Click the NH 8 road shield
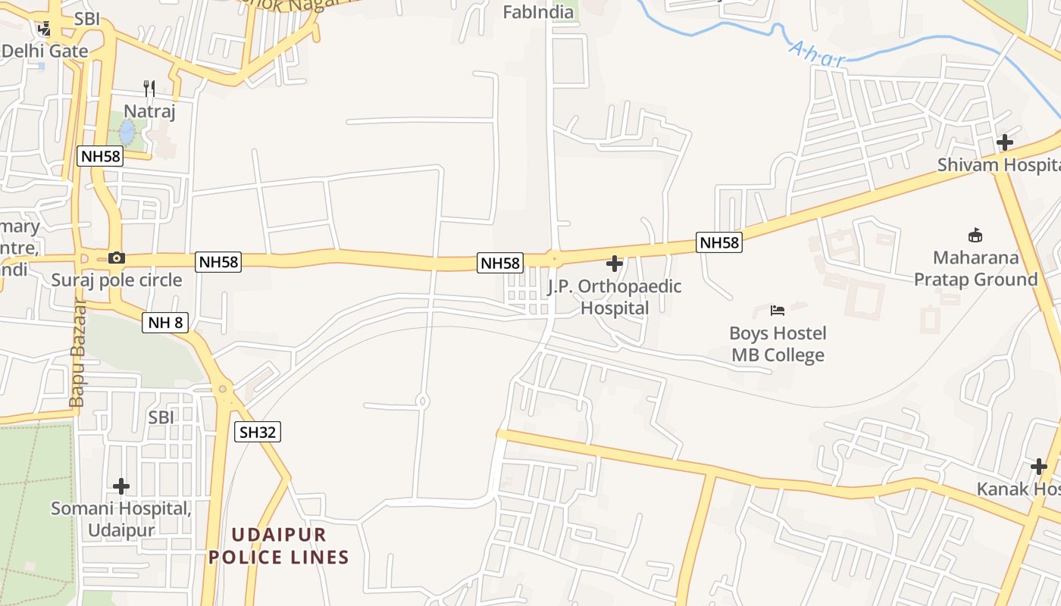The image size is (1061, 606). pyautogui.click(x=165, y=323)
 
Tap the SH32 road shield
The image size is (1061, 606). pyautogui.click(x=258, y=432)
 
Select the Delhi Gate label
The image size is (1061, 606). pyautogui.click(x=45, y=52)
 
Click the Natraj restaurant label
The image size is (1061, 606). pyautogui.click(x=149, y=112)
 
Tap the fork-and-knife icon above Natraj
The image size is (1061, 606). pyautogui.click(x=149, y=89)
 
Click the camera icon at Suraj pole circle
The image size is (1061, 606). pyautogui.click(x=116, y=258)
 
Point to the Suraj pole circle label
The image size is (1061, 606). pyautogui.click(x=117, y=280)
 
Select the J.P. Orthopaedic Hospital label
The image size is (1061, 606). pyautogui.click(x=615, y=297)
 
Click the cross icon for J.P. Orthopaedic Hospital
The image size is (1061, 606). pyautogui.click(x=615, y=264)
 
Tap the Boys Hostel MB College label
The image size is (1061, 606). pyautogui.click(x=778, y=344)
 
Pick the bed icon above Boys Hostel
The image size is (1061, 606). pyautogui.click(x=778, y=310)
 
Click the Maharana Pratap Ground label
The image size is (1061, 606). pyautogui.click(x=975, y=268)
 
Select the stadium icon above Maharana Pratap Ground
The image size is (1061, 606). pyautogui.click(x=975, y=236)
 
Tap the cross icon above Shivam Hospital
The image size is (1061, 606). pyautogui.click(x=1005, y=142)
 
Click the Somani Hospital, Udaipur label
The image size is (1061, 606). pyautogui.click(x=121, y=518)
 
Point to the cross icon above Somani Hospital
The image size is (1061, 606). pyautogui.click(x=121, y=486)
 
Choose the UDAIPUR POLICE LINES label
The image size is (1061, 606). pyautogui.click(x=279, y=546)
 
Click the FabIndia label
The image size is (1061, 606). pyautogui.click(x=539, y=12)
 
